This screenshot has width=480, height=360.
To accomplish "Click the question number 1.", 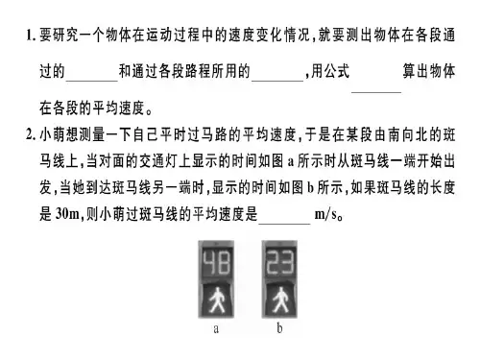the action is [x=31, y=36].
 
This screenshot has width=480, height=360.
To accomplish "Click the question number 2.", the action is [x=31, y=134].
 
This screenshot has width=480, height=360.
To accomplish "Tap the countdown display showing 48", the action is [x=216, y=263].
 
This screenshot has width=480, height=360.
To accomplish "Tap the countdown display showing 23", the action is [x=279, y=263].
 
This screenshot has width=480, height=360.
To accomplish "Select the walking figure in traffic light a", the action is [x=216, y=300].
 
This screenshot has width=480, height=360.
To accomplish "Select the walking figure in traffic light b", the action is [x=280, y=300].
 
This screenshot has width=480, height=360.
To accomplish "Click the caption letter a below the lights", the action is [x=216, y=328].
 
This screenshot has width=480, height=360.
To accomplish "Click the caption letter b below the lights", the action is [x=279, y=327].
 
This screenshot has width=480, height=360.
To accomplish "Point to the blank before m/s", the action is [x=284, y=224].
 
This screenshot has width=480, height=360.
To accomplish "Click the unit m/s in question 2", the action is [x=327, y=214].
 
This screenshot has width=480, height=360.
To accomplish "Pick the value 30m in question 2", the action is [x=67, y=213].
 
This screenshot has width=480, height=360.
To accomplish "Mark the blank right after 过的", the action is [x=92, y=81].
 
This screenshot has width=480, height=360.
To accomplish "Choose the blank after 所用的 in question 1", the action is [x=277, y=81].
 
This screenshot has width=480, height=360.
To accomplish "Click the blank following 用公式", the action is [x=376, y=92].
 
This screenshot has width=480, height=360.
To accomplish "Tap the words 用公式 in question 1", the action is [x=330, y=71].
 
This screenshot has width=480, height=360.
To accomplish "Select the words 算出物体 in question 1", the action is [x=428, y=71].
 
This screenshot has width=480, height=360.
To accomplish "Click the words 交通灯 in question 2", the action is [x=158, y=161].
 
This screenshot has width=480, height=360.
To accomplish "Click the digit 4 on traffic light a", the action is [x=209, y=263].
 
